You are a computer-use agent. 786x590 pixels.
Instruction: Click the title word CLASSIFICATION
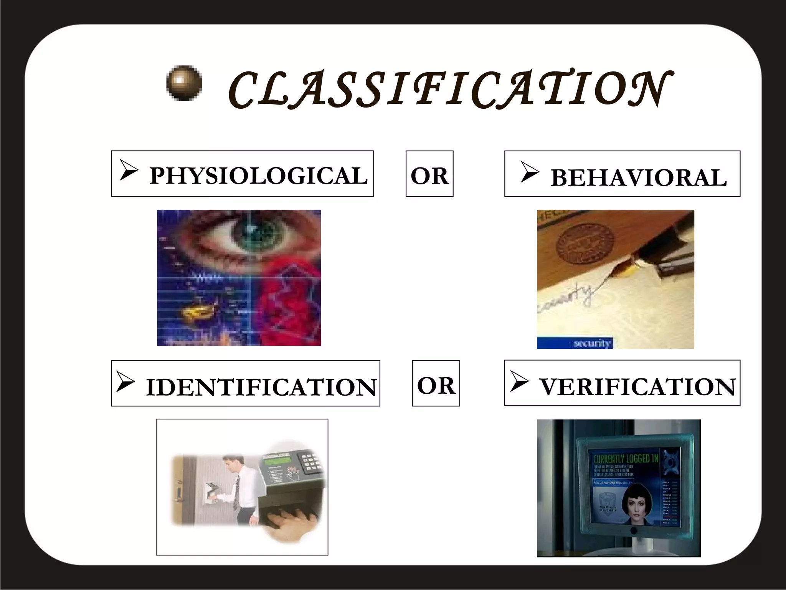pyautogui.click(x=449, y=89)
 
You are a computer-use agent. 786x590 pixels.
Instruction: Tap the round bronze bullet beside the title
pyautogui.click(x=184, y=83)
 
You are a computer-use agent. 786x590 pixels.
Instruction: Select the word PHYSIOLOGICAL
pyautogui.click(x=258, y=176)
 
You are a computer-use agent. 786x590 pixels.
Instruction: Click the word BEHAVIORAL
pyautogui.click(x=639, y=178)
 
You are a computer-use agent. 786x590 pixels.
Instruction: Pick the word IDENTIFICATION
pyautogui.click(x=261, y=387)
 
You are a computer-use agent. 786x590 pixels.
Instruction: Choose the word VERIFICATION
pyautogui.click(x=637, y=387)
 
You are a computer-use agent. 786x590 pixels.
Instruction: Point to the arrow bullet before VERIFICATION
pyautogui.click(x=519, y=381)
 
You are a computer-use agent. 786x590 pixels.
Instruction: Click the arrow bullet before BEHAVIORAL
pyautogui.click(x=530, y=172)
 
